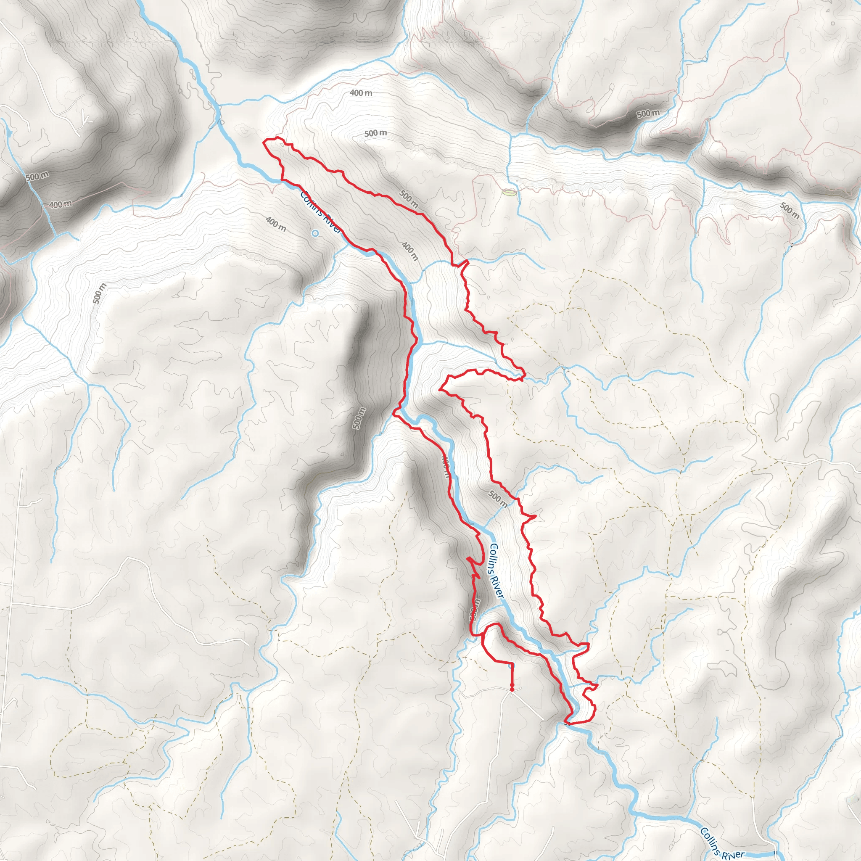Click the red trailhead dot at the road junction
[x=512, y=689]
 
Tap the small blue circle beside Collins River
[x=315, y=233]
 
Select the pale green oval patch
[x=509, y=193]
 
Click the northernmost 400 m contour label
[x=361, y=93]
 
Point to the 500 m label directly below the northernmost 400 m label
[x=375, y=133]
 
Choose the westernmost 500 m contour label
[x=37, y=176]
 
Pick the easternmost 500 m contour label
[x=789, y=211]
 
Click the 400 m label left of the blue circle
[x=276, y=224]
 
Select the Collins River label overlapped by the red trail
[x=320, y=211]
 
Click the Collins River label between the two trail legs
[x=496, y=571]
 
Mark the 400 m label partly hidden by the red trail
[x=446, y=465]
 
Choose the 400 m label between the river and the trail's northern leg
[x=409, y=251]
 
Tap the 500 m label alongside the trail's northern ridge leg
[x=408, y=199]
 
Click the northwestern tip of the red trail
[x=266, y=142]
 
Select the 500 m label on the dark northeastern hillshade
[x=647, y=114]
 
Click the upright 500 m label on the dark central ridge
[x=359, y=418]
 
